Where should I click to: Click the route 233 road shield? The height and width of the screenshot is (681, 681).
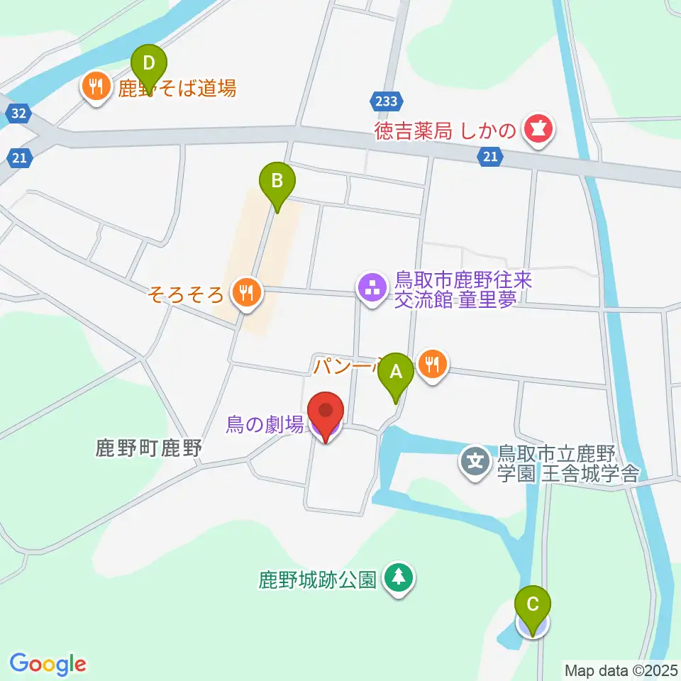[x=387, y=101]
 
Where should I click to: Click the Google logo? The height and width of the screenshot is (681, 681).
[x=48, y=664]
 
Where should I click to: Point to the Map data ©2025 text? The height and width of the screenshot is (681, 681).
[x=620, y=670]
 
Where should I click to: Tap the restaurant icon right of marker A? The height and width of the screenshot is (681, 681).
[x=431, y=365]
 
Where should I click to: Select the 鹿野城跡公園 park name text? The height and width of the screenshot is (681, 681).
[x=316, y=580]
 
